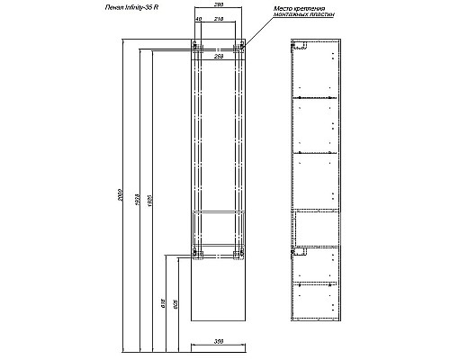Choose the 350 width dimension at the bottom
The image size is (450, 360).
[219, 342]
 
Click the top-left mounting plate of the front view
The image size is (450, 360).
[193, 46]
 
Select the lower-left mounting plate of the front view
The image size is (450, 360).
[193, 255]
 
